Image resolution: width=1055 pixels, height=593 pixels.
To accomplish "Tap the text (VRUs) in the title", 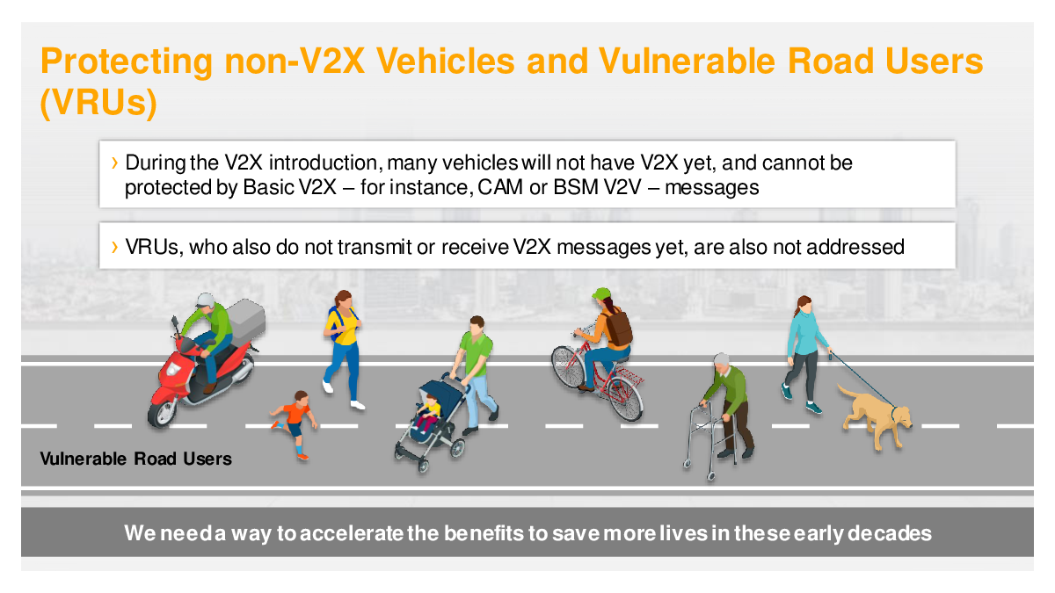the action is pyautogui.click(x=98, y=102).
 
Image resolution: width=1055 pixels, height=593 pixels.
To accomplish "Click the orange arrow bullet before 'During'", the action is pyautogui.click(x=114, y=163).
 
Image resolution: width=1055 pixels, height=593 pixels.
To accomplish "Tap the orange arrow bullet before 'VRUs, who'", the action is pyautogui.click(x=114, y=247).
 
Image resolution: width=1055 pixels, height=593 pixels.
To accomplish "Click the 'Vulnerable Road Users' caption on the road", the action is pyautogui.click(x=135, y=459).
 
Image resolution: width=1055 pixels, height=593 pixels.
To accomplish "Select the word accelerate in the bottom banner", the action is pyautogui.click(x=352, y=533).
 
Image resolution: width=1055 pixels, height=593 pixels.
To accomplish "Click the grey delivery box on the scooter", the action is pyautogui.click(x=245, y=318).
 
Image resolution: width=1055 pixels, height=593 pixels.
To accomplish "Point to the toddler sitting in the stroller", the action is pyautogui.click(x=428, y=412).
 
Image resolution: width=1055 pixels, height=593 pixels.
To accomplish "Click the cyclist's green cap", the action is pyautogui.click(x=600, y=293).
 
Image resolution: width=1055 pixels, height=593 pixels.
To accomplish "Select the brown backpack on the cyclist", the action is pyautogui.click(x=618, y=328).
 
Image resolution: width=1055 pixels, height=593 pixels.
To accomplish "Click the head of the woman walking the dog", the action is pyautogui.click(x=803, y=305).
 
